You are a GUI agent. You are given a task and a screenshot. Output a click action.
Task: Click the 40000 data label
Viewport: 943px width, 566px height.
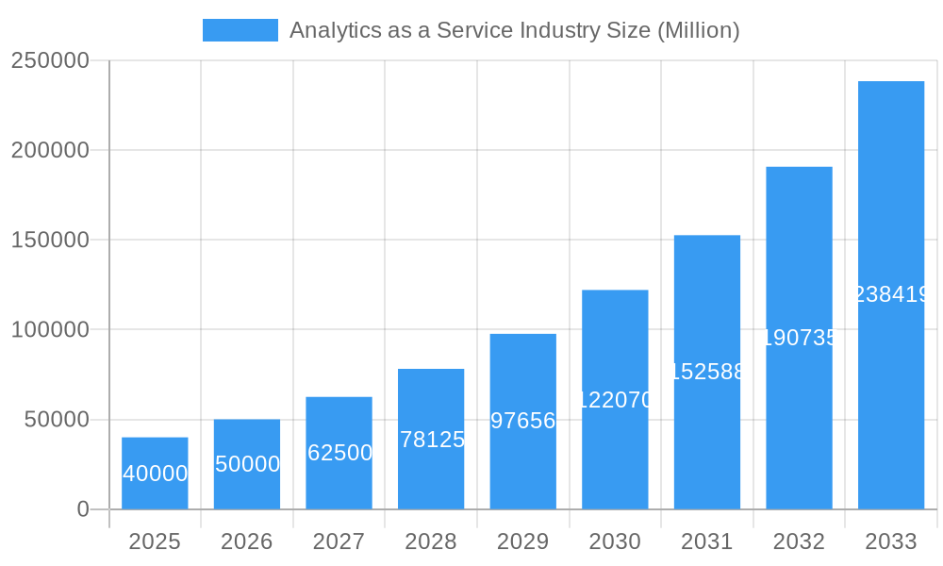pyautogui.click(x=155, y=474)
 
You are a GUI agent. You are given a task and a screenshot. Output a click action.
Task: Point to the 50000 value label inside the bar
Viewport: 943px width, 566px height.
pyautogui.click(x=247, y=464)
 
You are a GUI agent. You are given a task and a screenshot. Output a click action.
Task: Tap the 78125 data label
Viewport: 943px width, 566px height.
pyautogui.click(x=431, y=440)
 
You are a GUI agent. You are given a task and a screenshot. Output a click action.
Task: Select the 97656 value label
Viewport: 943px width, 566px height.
pyautogui.click(x=522, y=421)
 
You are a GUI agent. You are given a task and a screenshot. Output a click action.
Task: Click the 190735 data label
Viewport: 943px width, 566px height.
pyautogui.click(x=799, y=338)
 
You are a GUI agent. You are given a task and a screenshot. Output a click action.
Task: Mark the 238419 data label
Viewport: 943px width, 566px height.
pyautogui.click(x=891, y=295)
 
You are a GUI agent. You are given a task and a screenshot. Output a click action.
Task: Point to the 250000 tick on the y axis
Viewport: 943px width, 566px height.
pyautogui.click(x=50, y=61)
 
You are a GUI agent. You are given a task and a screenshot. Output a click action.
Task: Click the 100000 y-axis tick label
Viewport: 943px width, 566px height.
pyautogui.click(x=50, y=330)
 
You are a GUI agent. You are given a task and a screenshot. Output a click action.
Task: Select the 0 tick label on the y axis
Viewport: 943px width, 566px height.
pyautogui.click(x=82, y=509)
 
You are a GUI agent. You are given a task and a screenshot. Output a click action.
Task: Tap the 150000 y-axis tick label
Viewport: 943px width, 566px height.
pyautogui.click(x=50, y=241)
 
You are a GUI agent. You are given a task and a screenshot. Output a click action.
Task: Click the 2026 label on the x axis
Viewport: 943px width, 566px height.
pyautogui.click(x=247, y=541)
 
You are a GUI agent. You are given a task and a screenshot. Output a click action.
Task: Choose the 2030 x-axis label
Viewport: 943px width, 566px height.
pyautogui.click(x=615, y=541)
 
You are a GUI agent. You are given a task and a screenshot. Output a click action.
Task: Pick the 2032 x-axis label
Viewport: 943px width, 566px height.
pyautogui.click(x=799, y=541)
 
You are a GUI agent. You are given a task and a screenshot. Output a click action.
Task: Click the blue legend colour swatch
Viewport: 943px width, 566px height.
pyautogui.click(x=240, y=30)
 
